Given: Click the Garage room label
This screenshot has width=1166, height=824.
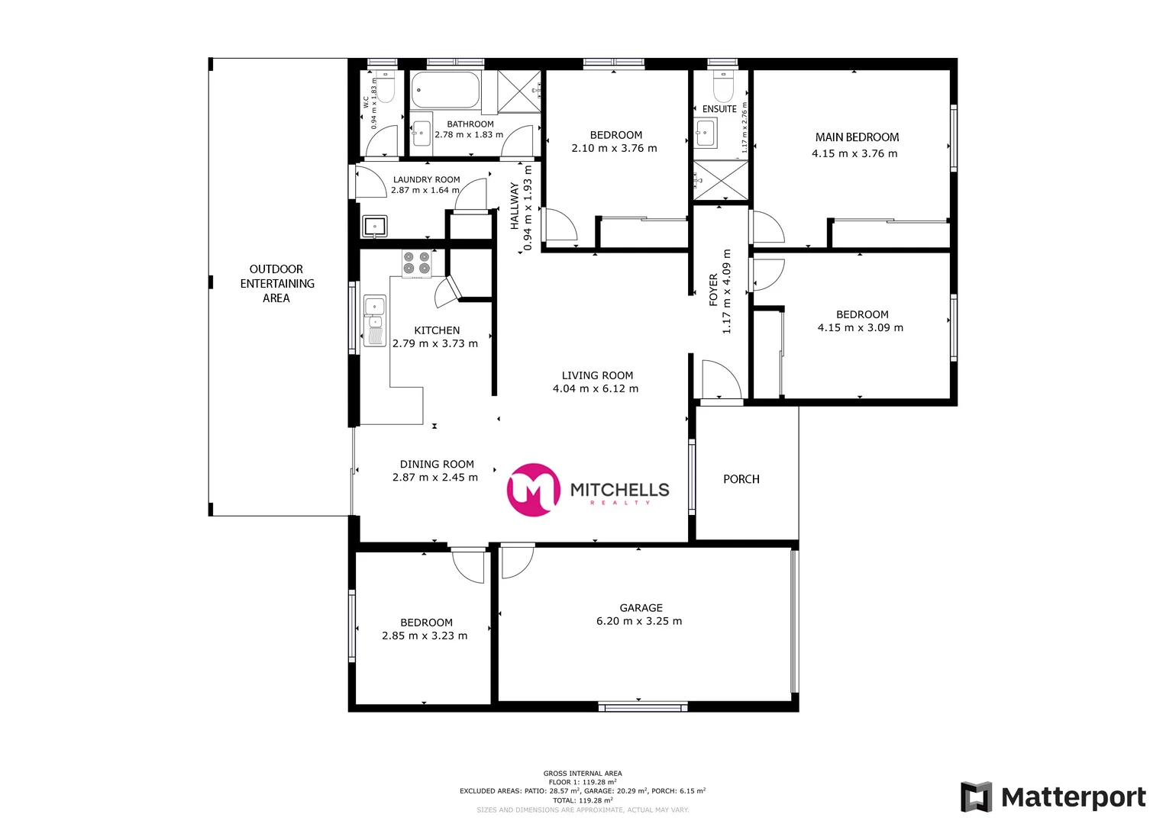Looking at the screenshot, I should pos(641,608).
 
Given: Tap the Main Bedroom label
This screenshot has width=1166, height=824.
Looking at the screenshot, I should pos(857,137).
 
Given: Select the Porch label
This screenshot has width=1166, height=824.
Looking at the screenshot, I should pos(741,479).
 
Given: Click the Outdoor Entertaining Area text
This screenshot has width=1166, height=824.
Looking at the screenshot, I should pos(276,284).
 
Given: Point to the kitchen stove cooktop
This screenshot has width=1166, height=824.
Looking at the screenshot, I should pos(417,263).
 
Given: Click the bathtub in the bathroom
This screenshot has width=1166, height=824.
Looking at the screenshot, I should pos(445,90).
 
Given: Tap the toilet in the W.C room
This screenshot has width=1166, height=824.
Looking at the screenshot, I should pos(386,89).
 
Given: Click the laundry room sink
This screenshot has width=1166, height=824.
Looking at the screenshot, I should pos(374,226).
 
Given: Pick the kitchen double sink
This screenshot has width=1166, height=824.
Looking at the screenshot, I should pos(374,320).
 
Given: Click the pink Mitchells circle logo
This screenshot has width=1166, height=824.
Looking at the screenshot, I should pos(533,490).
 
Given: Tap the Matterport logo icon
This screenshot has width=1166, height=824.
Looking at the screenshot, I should pos(976,797).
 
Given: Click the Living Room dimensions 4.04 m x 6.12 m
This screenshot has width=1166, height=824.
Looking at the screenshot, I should pos(596,389).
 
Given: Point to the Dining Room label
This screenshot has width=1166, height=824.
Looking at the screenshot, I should pos(437,464).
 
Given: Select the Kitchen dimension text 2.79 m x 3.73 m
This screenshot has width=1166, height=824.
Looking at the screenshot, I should pos(435,344).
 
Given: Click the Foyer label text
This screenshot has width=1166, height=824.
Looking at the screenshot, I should pos(713,290).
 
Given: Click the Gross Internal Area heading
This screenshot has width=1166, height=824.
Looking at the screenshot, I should pos(583,774).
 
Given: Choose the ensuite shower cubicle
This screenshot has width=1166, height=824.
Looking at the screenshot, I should pos(721,181).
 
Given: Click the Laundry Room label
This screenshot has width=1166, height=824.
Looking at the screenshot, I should pos(426,180).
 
